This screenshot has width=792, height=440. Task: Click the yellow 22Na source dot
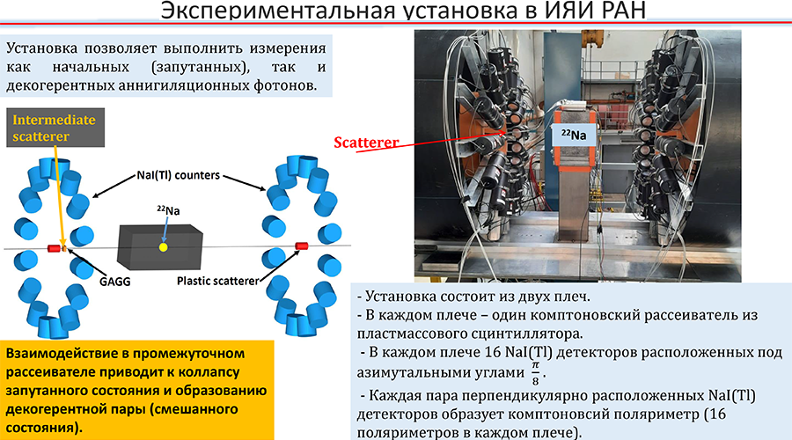(x=163, y=247)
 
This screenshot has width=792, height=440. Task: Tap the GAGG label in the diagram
(x=114, y=282)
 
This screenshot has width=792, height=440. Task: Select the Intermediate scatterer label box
(x=55, y=128)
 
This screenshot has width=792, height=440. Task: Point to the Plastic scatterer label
(x=217, y=281)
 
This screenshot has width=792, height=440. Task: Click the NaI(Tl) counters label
(x=179, y=175)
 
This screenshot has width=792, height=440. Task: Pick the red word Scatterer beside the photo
(x=366, y=143)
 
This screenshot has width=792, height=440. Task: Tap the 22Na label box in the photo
(x=575, y=135)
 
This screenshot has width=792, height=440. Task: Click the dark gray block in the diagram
(x=159, y=246)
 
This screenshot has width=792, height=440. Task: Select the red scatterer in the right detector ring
(x=302, y=246)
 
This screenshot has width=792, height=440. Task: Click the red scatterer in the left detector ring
(x=54, y=248)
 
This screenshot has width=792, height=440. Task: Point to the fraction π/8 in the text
(x=535, y=374)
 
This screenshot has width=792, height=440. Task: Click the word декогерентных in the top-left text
(x=61, y=84)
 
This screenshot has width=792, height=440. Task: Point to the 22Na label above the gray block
(x=168, y=210)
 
